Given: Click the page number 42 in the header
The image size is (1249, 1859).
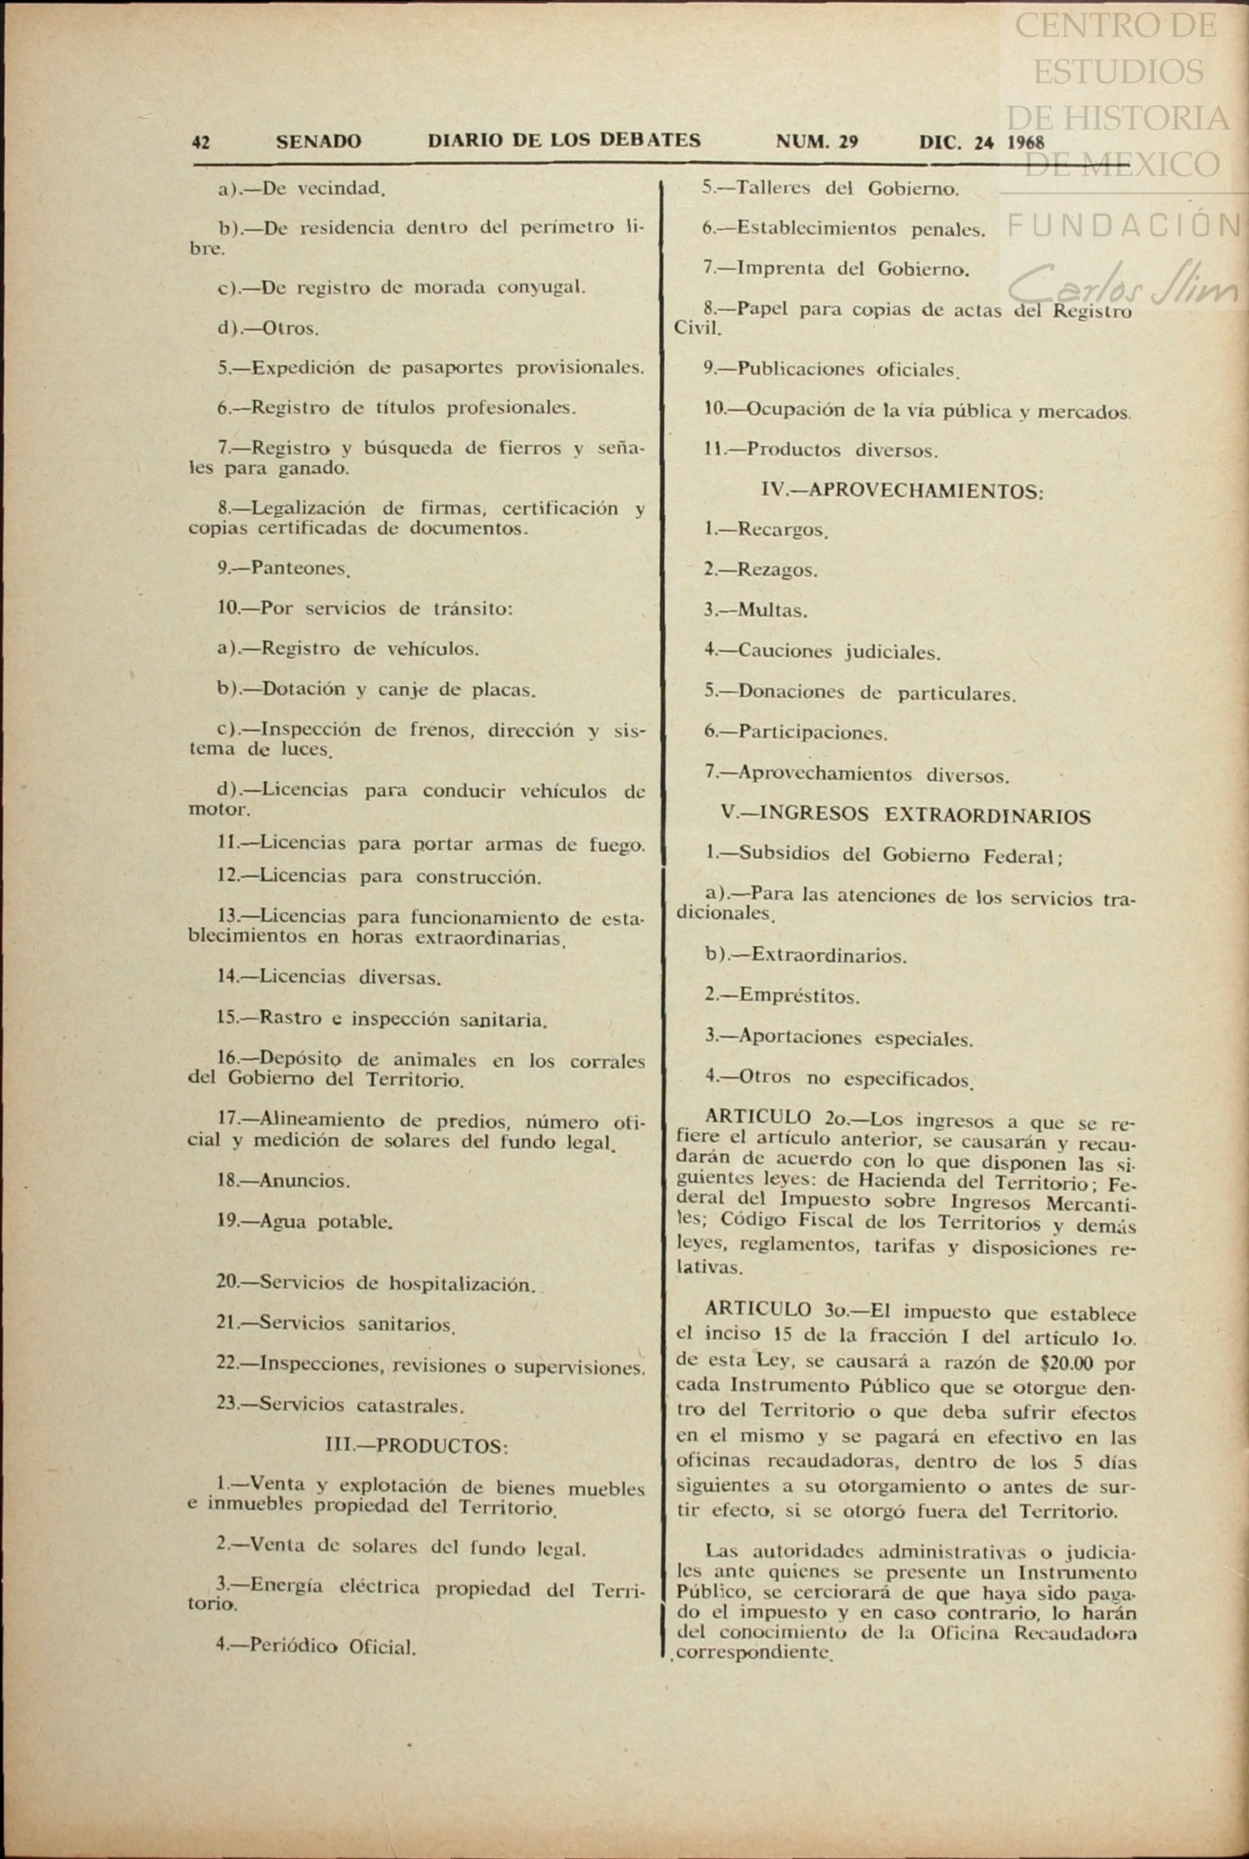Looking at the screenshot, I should click(x=201, y=143).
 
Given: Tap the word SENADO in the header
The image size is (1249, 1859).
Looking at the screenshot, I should click(x=318, y=142).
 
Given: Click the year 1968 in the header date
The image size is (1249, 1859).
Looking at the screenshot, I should click(x=1025, y=142).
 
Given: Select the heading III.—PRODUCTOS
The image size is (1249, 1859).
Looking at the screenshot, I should click(x=417, y=1446).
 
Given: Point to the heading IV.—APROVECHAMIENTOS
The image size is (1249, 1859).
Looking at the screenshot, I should click(x=902, y=490).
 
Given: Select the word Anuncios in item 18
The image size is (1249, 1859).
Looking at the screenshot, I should click(x=305, y=1180).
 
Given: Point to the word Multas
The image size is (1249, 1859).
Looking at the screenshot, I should click(x=772, y=610).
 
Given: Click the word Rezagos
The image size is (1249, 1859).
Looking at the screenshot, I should click(x=777, y=570).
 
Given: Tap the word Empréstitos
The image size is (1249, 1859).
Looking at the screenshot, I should click(x=799, y=996).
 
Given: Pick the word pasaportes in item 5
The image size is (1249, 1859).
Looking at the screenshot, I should click(x=452, y=368).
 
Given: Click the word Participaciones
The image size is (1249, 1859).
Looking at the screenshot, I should click(x=812, y=734).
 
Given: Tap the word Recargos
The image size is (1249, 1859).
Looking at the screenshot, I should click(x=782, y=529).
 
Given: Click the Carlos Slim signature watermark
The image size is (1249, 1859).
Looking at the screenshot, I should click(x=1125, y=283).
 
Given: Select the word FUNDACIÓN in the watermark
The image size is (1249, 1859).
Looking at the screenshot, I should click(x=1125, y=225).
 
